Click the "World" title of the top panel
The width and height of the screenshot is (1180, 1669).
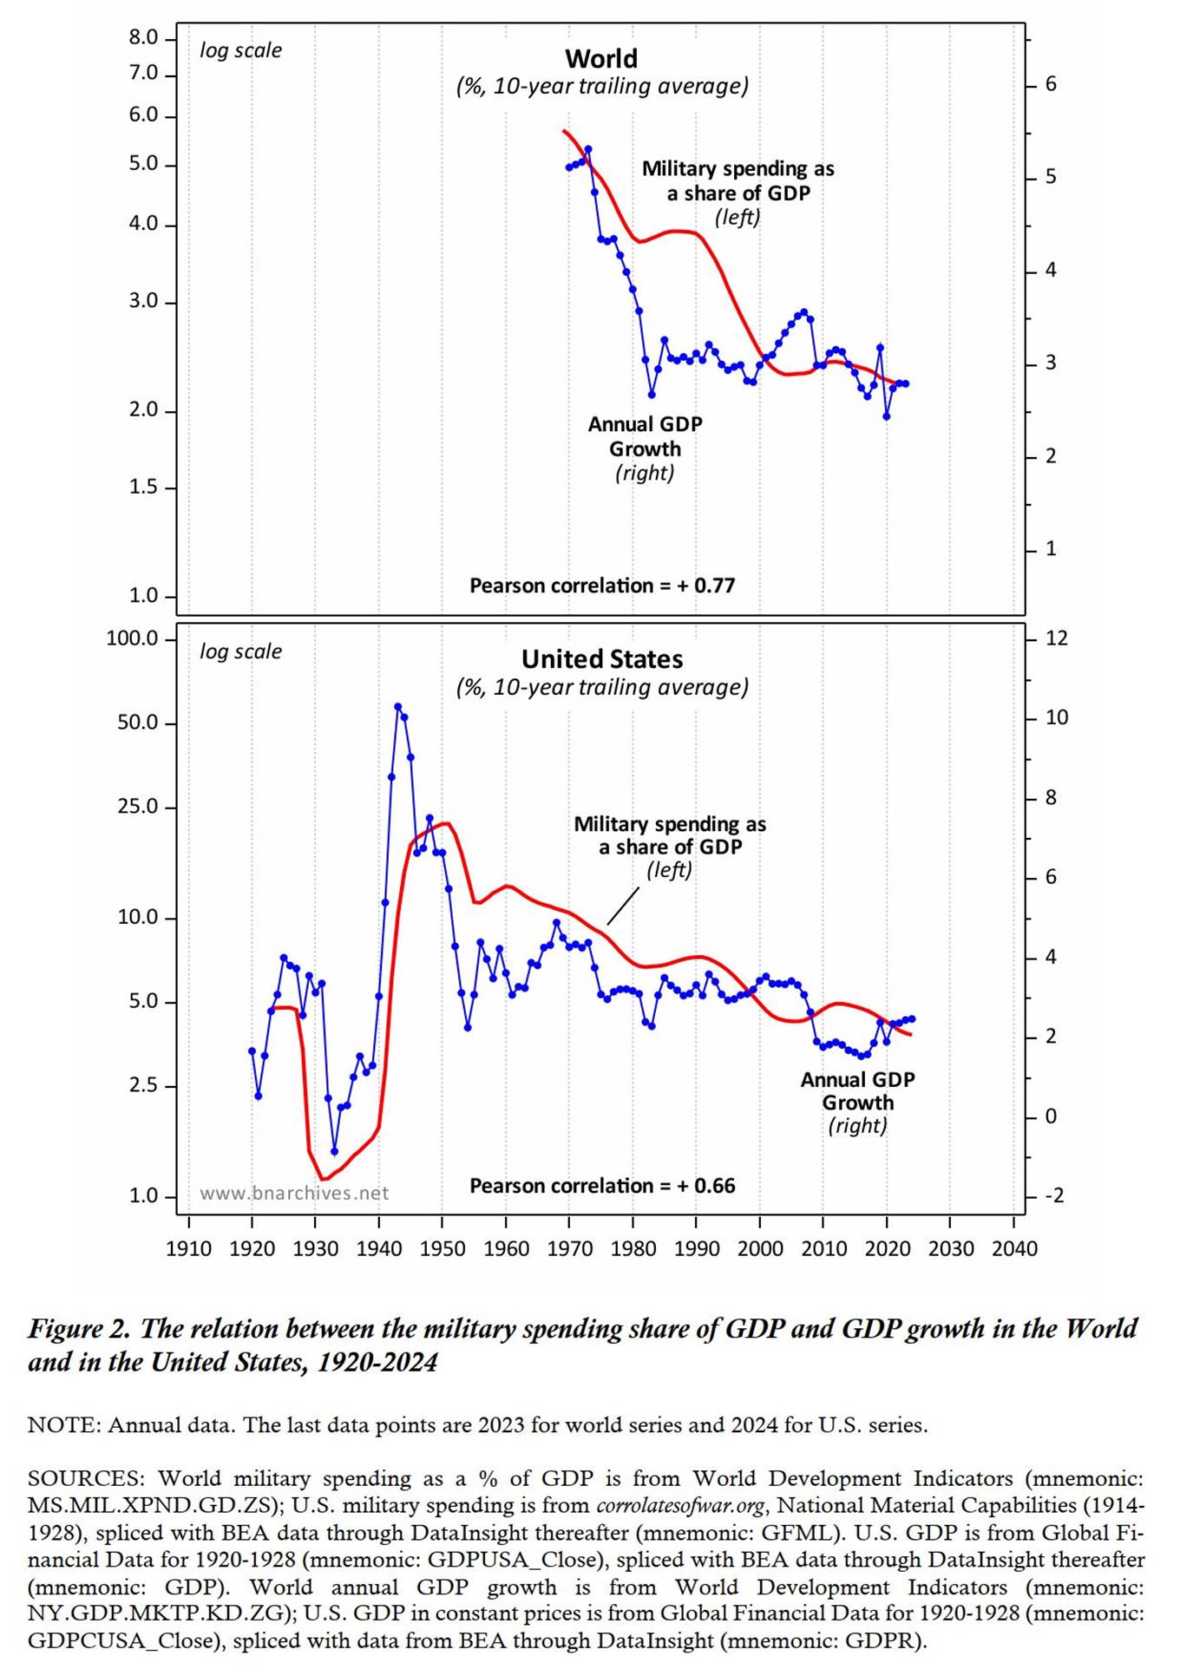pyautogui.click(x=601, y=59)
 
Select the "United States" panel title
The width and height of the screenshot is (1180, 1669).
pyautogui.click(x=602, y=659)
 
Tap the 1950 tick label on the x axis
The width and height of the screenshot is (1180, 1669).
pyautogui.click(x=442, y=1248)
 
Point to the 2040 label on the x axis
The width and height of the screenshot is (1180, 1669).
pyautogui.click(x=1014, y=1248)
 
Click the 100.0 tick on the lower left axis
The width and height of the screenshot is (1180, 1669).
pyautogui.click(x=132, y=638)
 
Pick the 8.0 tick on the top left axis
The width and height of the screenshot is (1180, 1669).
pyautogui.click(x=143, y=38)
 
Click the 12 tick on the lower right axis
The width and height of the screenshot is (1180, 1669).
pyautogui.click(x=1056, y=638)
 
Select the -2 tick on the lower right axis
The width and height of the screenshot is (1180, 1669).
pyautogui.click(x=1053, y=1195)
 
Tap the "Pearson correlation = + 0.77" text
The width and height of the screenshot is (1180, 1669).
pyautogui.click(x=602, y=586)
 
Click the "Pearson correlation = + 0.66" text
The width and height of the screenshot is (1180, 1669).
pyautogui.click(x=602, y=1186)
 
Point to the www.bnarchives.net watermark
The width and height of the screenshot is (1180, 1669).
pyautogui.click(x=294, y=1194)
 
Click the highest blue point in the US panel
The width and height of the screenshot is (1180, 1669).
pyautogui.click(x=397, y=707)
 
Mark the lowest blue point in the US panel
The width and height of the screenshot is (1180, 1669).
pyautogui.click(x=334, y=1152)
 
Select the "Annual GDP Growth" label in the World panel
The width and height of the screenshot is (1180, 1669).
pyautogui.click(x=645, y=437)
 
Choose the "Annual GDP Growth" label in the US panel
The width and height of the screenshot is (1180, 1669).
pyautogui.click(x=857, y=1091)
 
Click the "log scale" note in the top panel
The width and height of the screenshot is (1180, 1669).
pyautogui.click(x=240, y=50)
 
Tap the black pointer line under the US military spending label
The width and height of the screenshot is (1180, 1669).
pyautogui.click(x=623, y=906)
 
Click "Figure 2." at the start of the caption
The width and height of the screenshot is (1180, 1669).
pyautogui.click(x=79, y=1329)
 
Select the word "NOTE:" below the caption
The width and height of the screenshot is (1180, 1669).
pyautogui.click(x=64, y=1425)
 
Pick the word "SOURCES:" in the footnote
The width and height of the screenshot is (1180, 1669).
pyautogui.click(x=87, y=1478)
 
